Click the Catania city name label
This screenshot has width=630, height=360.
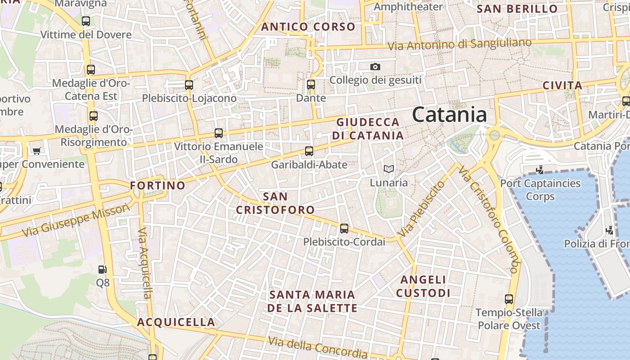pyautogui.click(x=449, y=115)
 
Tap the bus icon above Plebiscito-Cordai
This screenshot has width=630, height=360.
pyautogui.click(x=344, y=229)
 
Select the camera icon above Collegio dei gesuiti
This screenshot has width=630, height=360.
pyautogui.click(x=375, y=67)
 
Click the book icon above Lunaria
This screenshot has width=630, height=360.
pyautogui.click(x=389, y=169)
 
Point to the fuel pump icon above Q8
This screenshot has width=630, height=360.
pyautogui.click(x=103, y=270)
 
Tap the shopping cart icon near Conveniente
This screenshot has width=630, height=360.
pyautogui.click(x=36, y=151)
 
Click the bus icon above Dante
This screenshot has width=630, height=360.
pyautogui.click(x=310, y=84)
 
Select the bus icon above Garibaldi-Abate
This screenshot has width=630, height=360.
pyautogui.click(x=309, y=151)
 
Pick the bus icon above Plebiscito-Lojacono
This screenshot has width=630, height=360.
pyautogui.click(x=189, y=85)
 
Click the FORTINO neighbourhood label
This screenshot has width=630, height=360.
pyautogui.click(x=157, y=185)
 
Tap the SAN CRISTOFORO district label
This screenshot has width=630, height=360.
pyautogui.click(x=275, y=203)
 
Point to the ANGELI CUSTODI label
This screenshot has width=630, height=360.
pyautogui.click(x=423, y=287)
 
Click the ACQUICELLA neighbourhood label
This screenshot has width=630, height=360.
pyautogui.click(x=176, y=322)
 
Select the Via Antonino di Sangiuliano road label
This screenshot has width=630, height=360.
pyautogui.click(x=459, y=45)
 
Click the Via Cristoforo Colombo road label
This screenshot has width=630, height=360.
pyautogui.click(x=490, y=220)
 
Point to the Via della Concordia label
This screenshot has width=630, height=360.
pyautogui.click(x=318, y=347)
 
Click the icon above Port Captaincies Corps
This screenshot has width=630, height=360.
pyautogui.click(x=540, y=170)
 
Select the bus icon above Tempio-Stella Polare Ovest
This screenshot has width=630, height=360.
pyautogui.click(x=509, y=299)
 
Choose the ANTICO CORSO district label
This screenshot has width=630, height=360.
pyautogui.click(x=308, y=27)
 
